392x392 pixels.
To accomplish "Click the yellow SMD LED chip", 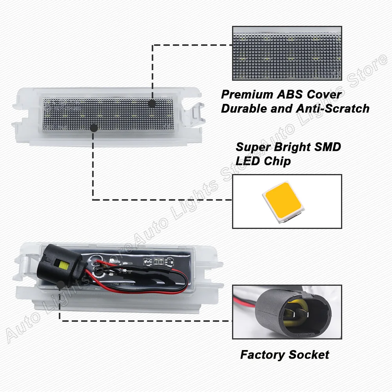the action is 282,201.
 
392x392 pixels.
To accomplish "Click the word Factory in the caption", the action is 262,355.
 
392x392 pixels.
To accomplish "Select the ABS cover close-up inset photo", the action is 287,53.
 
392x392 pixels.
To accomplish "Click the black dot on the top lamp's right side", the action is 152,103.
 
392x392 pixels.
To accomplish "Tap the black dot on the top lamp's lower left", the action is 93,128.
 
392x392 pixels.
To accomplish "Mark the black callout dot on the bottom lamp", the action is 60,285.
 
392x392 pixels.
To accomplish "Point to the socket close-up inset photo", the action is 287,312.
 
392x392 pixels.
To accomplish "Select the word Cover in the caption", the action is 325,94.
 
